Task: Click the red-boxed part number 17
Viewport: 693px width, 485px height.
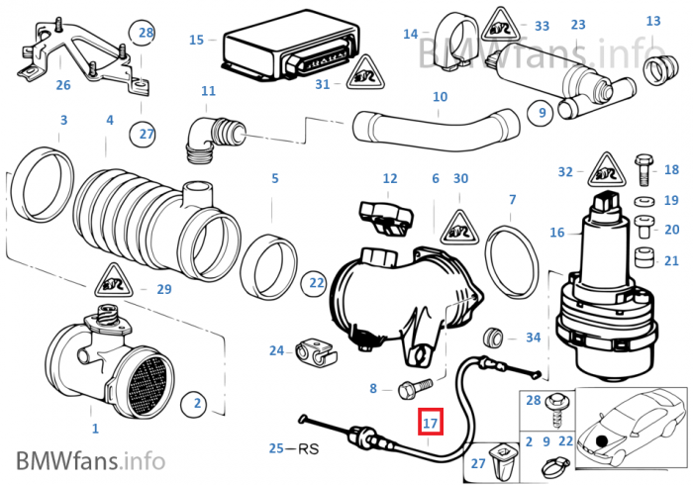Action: pyautogui.click(x=430, y=423)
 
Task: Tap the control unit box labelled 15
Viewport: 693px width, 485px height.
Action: pyautogui.click(x=290, y=49)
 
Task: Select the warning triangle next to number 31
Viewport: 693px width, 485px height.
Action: pyautogui.click(x=365, y=72)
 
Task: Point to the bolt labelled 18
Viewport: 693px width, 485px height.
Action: pyautogui.click(x=643, y=169)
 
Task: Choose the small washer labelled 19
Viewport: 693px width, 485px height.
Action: pyautogui.click(x=644, y=201)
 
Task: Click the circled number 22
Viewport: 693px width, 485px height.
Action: pyautogui.click(x=317, y=283)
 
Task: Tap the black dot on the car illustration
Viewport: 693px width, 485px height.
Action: pyautogui.click(x=601, y=440)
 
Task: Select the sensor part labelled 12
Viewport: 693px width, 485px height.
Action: pyautogui.click(x=386, y=219)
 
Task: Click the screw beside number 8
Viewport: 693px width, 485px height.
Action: pyautogui.click(x=416, y=388)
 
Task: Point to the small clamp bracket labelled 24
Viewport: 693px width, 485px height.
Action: pyautogui.click(x=316, y=353)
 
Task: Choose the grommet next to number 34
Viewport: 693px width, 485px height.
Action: pyautogui.click(x=492, y=339)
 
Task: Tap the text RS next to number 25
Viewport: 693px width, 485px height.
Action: pyautogui.click(x=309, y=448)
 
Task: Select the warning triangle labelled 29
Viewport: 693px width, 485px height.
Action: pyautogui.click(x=114, y=281)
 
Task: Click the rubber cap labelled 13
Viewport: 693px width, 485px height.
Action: pyautogui.click(x=660, y=69)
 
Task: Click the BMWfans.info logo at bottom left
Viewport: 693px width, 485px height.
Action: pyautogui.click(x=91, y=460)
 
